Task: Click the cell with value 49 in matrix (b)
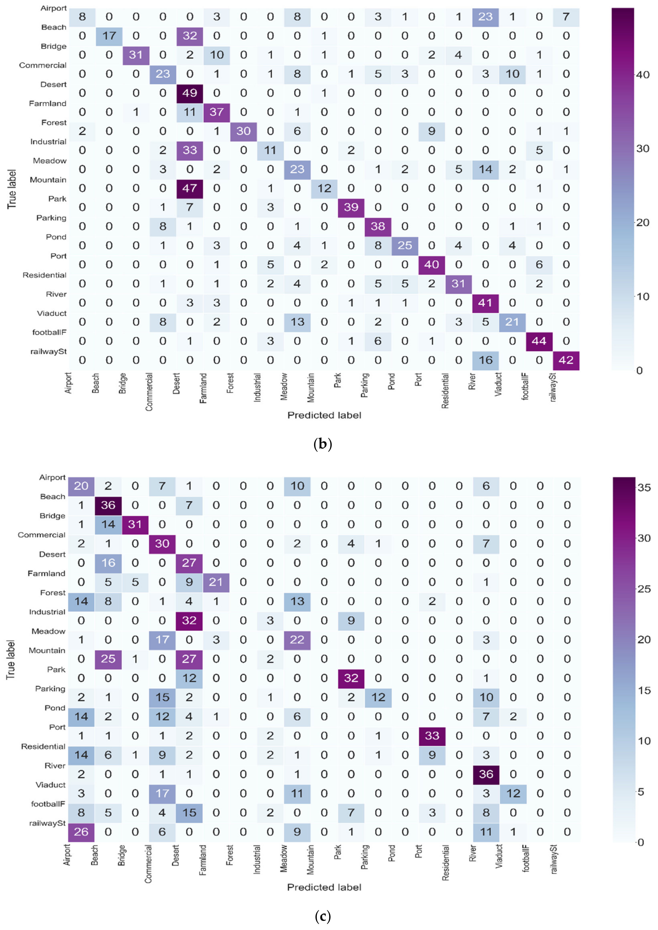[x=190, y=93]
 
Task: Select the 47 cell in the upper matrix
[x=190, y=188]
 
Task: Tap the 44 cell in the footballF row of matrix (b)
[x=539, y=341]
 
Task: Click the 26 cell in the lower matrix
[x=81, y=831]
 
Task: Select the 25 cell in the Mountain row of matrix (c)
[x=108, y=659]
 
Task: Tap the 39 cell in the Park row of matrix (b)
[x=351, y=207]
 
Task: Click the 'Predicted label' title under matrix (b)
[x=324, y=415]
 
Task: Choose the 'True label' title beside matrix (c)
[x=11, y=659]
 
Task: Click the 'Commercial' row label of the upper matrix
[x=42, y=65]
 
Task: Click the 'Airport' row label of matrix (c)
[x=52, y=477]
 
